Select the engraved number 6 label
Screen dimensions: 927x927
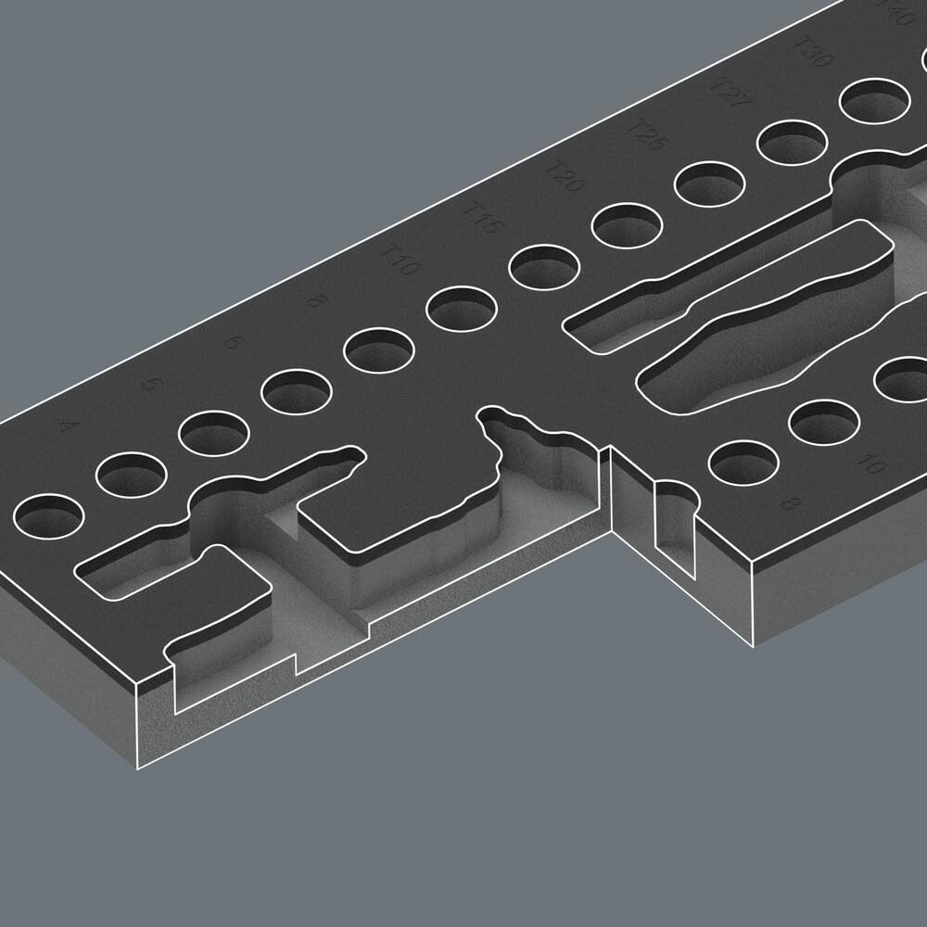pyautogui.click(x=233, y=342)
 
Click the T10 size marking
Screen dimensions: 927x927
pyautogui.click(x=400, y=259)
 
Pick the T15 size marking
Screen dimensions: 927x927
pyautogui.click(x=480, y=216)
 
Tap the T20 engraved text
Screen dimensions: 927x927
pyautogui.click(x=562, y=176)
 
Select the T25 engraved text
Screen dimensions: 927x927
pyautogui.click(x=646, y=134)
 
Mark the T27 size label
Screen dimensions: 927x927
pyautogui.click(x=729, y=92)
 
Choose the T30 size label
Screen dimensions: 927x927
pyautogui.click(x=814, y=51)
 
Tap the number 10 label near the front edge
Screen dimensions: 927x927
pyautogui.click(x=869, y=463)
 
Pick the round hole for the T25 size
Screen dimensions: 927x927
pyautogui.click(x=709, y=184)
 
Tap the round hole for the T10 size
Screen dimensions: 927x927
pyautogui.click(x=461, y=309)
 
